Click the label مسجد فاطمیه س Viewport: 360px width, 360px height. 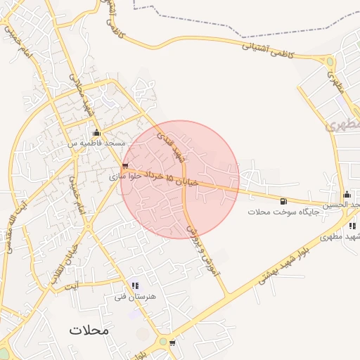(95, 143)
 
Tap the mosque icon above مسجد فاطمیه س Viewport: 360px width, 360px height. (96, 133)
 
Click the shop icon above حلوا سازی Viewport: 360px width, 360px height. (125, 167)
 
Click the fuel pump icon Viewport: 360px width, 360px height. (283, 201)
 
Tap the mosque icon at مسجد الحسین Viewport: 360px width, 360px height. (347, 195)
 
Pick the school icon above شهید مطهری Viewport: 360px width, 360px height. (352, 226)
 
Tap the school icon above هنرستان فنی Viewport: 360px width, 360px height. (135, 286)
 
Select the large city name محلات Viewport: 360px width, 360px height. (90, 330)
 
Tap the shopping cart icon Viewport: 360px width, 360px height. (173, 344)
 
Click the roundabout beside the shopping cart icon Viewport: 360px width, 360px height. (163, 342)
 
